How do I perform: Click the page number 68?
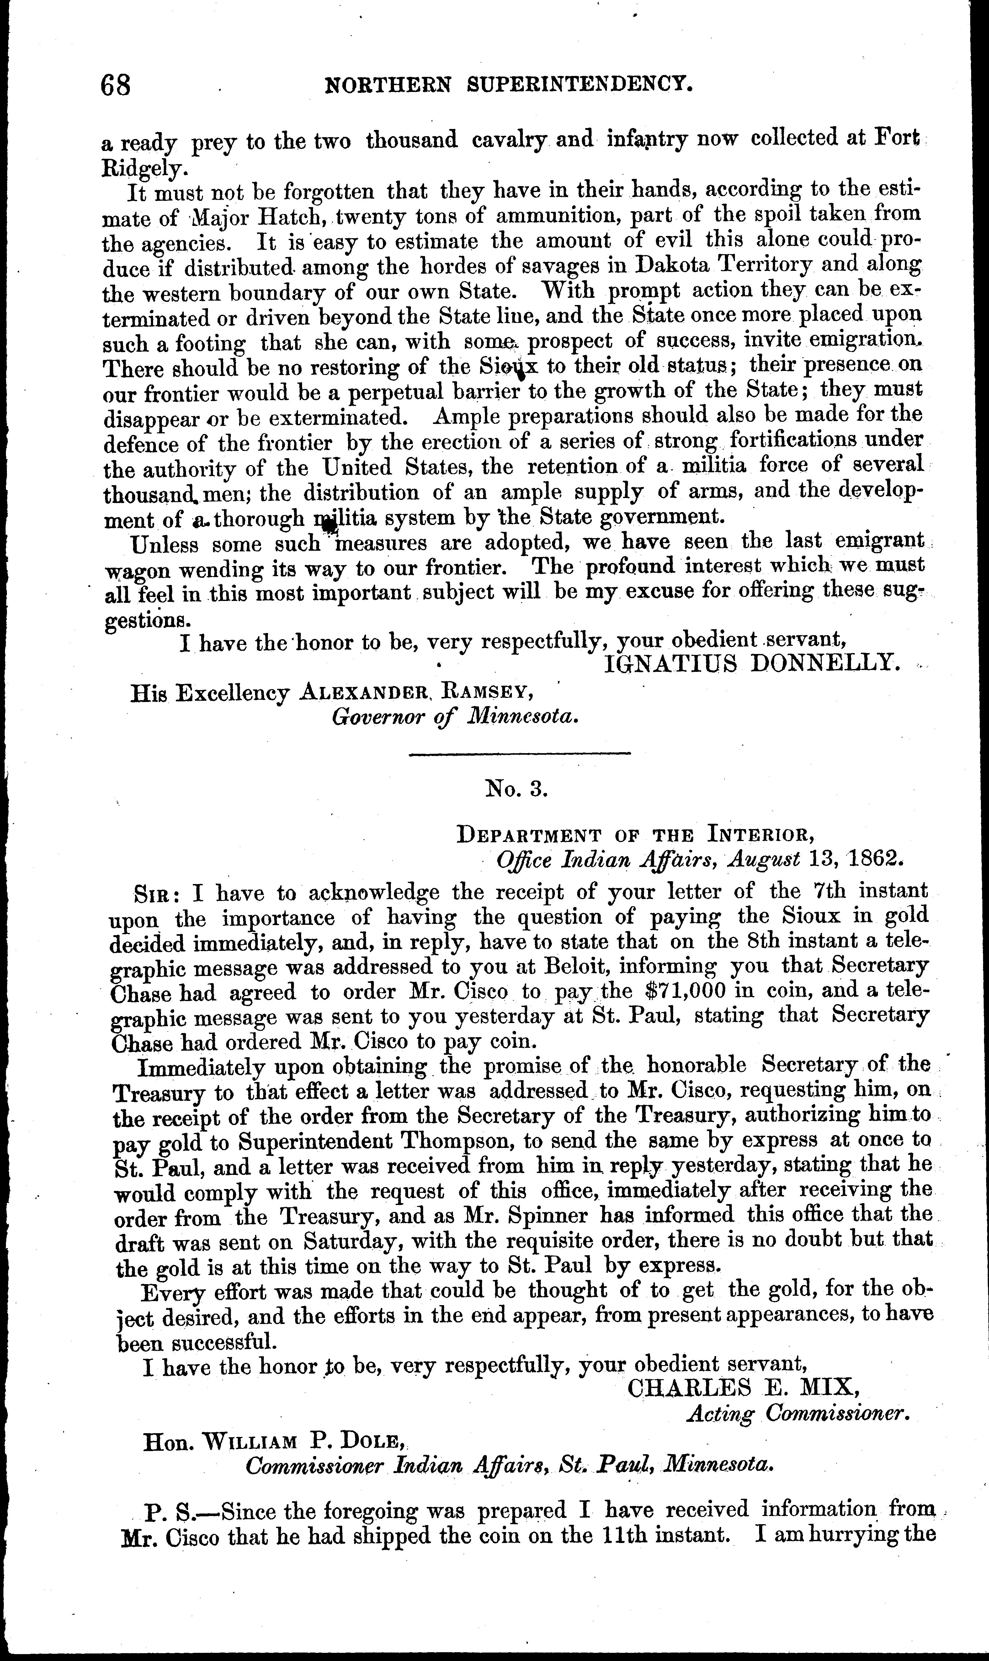point(116,85)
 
